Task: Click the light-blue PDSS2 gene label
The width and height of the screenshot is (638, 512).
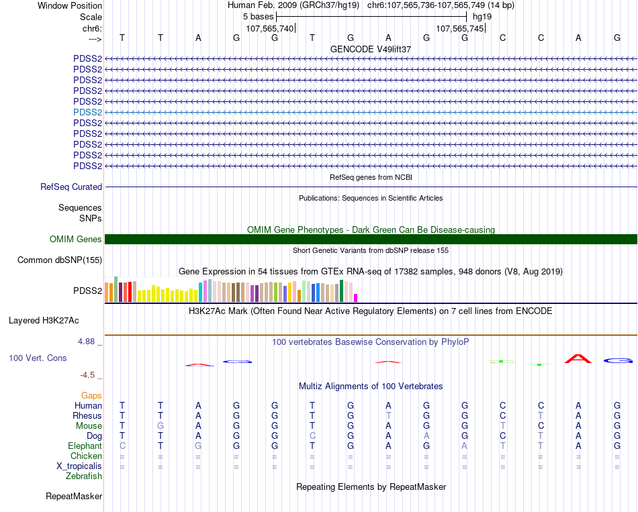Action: (x=87, y=112)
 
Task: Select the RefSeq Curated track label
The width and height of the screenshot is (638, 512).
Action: (x=71, y=187)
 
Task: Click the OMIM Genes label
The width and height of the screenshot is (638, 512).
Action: (x=76, y=240)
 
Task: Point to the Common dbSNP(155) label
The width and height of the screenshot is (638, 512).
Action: (x=60, y=260)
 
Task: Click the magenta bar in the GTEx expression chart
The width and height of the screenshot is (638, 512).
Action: (x=356, y=297)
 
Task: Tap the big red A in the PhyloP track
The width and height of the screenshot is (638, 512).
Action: (x=578, y=358)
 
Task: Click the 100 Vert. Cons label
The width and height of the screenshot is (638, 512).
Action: (x=38, y=358)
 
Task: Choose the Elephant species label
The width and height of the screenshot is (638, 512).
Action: (x=85, y=446)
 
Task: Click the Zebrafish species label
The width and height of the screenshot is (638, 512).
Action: (x=84, y=476)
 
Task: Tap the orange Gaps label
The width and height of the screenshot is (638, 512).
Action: (x=91, y=396)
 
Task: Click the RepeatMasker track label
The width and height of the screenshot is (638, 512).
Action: (x=74, y=497)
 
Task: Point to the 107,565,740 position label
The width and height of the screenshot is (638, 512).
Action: (x=270, y=29)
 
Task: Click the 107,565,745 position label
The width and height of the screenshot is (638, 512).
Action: (x=459, y=29)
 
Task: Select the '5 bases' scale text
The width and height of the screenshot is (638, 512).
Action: (x=258, y=16)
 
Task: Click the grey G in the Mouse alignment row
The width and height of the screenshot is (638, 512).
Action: (x=160, y=426)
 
